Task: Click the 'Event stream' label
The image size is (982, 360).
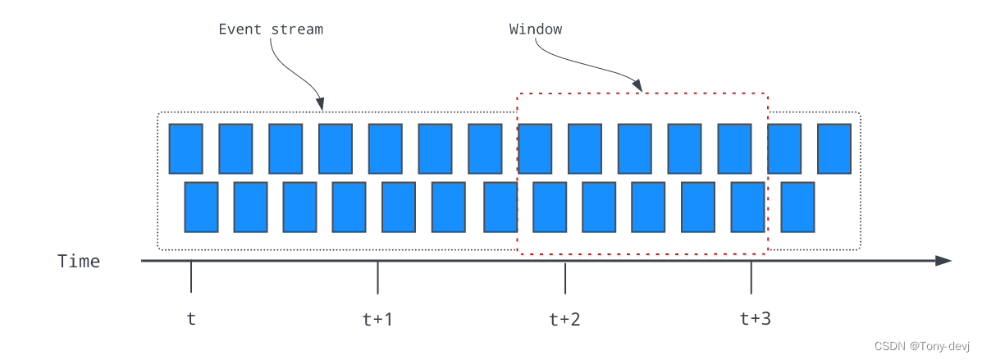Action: (271, 30)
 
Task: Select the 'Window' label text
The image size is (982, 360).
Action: (536, 30)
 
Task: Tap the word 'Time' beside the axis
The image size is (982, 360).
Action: (79, 262)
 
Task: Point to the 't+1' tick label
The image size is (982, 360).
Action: (377, 319)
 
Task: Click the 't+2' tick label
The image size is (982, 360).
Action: (564, 319)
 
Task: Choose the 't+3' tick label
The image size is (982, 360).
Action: (755, 319)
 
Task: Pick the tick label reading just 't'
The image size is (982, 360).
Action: (191, 319)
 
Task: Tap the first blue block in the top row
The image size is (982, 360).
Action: (185, 148)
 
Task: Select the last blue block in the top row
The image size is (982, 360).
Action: (834, 148)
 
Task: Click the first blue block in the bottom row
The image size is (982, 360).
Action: (201, 207)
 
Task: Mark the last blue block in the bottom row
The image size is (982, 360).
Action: (797, 207)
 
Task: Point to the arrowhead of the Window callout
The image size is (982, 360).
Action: (638, 86)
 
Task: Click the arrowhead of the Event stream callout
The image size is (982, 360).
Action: (322, 104)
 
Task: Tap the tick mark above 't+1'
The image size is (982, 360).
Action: (377, 277)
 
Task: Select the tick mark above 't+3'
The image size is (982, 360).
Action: (751, 277)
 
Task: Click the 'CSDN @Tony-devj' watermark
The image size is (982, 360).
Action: (922, 345)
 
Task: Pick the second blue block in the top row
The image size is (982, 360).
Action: (235, 148)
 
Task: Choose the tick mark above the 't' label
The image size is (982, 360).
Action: (191, 277)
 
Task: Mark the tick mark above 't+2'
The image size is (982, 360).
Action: (564, 277)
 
